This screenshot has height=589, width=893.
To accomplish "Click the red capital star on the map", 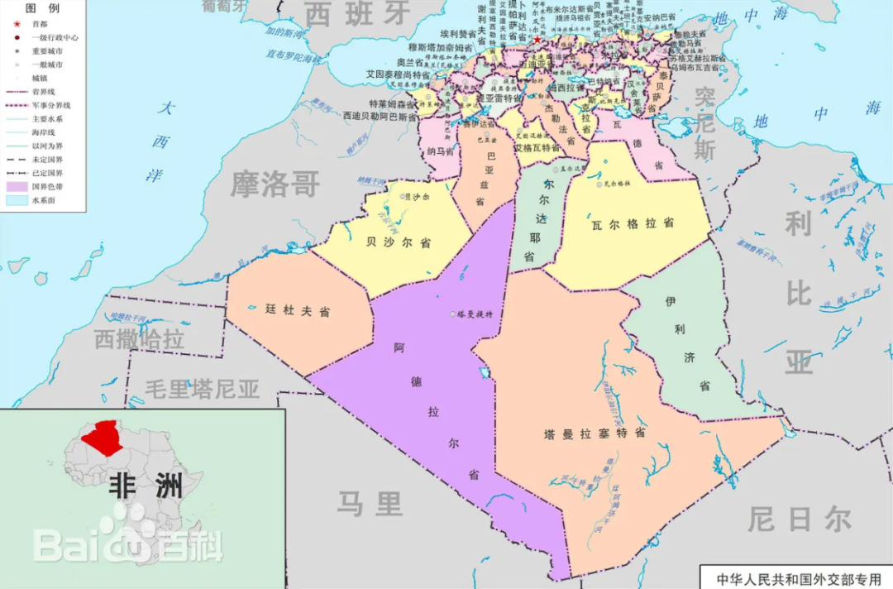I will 537,40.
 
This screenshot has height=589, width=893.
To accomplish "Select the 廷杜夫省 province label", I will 298,311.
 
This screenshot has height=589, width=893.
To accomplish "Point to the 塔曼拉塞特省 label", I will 595,433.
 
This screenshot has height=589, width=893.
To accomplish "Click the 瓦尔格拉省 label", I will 633,223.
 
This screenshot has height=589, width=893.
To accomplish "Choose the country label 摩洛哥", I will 275,183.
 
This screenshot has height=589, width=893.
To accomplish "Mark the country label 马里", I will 370,502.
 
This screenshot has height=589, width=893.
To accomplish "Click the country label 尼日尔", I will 799,520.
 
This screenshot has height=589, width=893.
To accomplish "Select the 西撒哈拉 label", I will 138,339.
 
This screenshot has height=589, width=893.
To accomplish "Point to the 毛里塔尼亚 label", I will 203,388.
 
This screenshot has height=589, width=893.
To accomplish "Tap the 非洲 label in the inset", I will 145,486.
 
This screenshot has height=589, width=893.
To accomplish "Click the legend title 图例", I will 41,8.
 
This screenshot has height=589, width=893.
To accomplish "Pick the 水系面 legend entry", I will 43,200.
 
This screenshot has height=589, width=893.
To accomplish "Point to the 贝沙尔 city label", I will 416,197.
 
